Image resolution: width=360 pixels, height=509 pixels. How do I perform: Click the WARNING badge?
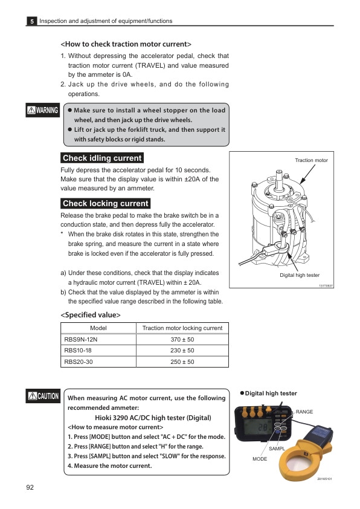coord(42,111)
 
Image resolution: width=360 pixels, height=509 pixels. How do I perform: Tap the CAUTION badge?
coord(43,397)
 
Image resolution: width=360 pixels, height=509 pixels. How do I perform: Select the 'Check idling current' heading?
coord(102,158)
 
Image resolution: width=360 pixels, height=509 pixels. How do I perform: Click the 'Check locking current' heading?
coord(105,204)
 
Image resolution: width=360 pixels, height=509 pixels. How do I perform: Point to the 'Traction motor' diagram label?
coord(311,160)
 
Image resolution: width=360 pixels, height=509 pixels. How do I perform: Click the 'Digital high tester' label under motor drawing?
coord(299,275)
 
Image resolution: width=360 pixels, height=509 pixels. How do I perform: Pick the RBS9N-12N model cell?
coord(80,339)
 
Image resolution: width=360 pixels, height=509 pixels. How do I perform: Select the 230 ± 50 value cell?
coord(182,351)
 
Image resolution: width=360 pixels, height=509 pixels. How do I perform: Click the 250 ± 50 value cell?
coord(182,362)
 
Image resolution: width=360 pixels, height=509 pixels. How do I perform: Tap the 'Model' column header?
coord(98,328)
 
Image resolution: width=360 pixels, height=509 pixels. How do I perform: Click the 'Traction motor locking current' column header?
coord(182,328)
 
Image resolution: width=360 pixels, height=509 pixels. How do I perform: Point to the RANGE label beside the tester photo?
coord(304,412)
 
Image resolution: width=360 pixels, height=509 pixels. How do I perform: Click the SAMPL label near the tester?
coord(277,449)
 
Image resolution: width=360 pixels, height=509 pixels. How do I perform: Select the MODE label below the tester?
coord(260,459)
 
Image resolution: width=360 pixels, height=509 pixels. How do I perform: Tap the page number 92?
coord(30,487)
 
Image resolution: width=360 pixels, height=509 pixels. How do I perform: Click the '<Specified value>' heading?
coord(91,315)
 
